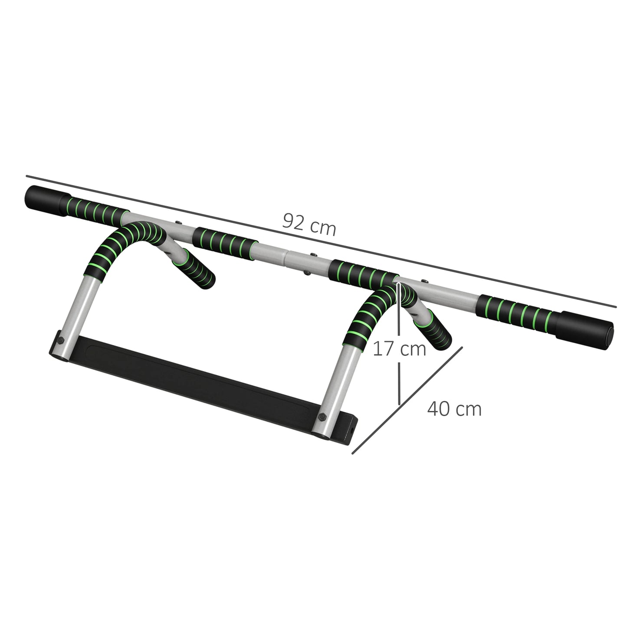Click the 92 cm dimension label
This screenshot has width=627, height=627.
coord(309,225)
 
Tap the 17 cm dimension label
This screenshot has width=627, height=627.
coord(400,348)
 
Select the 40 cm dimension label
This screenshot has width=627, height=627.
coord(454,409)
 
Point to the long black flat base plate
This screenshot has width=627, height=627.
coord(195,378)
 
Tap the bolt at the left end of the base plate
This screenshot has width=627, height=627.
coord(61,340)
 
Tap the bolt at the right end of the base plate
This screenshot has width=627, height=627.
coord(323,417)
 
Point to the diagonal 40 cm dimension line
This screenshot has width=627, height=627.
coord(408,400)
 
